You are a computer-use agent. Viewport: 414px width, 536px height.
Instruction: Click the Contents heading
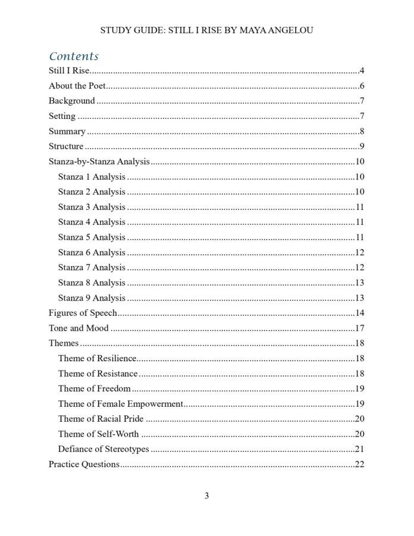[74, 57]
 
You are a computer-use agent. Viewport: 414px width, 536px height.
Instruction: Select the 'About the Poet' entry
[77, 86]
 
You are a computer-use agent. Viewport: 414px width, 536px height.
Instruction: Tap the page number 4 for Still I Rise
[362, 71]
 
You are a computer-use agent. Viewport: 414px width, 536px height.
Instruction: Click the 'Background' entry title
[71, 101]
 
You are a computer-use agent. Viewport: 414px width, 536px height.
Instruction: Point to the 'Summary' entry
[67, 131]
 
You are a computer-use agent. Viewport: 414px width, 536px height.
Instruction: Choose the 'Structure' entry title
[66, 146]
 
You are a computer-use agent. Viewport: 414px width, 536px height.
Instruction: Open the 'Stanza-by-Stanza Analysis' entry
[99, 161]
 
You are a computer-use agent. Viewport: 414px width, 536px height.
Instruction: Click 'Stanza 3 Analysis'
[92, 207]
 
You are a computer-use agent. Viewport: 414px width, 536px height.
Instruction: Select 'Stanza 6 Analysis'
[92, 252]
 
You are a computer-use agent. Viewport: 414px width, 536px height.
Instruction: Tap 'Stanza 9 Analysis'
[92, 297]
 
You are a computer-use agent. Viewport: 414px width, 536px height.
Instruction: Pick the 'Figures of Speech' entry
[83, 313]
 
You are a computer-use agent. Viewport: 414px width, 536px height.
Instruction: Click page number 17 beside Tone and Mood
[359, 328]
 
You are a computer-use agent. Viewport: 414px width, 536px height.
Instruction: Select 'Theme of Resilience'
[97, 358]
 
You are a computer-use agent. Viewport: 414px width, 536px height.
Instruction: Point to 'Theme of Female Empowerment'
[120, 404]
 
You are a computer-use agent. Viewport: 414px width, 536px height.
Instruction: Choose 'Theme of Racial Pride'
[101, 419]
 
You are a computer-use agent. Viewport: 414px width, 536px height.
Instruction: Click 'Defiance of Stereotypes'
[103, 449]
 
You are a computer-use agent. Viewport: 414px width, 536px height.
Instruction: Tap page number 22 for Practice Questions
[359, 464]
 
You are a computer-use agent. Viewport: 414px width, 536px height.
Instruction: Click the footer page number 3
[207, 496]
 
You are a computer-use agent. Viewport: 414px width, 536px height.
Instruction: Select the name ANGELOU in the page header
[292, 30]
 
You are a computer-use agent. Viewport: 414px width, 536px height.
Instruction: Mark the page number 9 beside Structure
[362, 146]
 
